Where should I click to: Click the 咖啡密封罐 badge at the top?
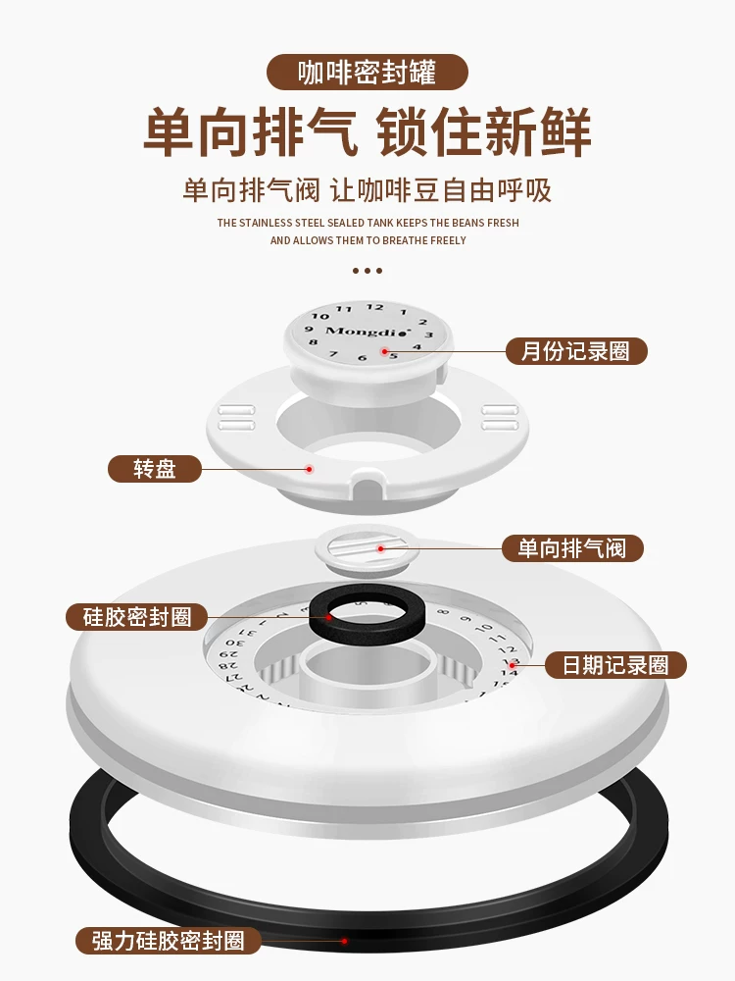[367, 73]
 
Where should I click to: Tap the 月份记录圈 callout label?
[576, 351]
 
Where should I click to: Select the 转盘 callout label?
[154, 469]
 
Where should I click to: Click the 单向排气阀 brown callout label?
[572, 547]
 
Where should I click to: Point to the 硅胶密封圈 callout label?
[137, 617]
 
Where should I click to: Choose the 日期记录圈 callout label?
[615, 665]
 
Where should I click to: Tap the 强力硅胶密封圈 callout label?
[169, 941]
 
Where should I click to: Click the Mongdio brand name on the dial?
[360, 331]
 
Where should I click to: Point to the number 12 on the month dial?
[374, 308]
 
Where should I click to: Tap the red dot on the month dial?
[385, 350]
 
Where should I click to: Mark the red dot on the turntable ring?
[310, 469]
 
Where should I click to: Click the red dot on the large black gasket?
[344, 940]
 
